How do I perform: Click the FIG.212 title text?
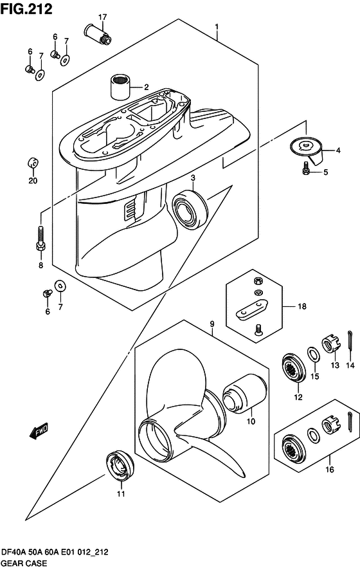coord(27,9)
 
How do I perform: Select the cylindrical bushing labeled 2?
coord(120,87)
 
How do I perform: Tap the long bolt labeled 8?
coord(40,238)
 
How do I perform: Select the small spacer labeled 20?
coord(33,163)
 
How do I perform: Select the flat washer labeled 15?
coord(314,355)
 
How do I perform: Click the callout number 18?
coord(302,307)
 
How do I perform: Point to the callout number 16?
coord(329,470)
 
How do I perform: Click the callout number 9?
coord(212,324)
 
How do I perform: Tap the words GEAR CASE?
coord(24,563)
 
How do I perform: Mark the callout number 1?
coord(217,27)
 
